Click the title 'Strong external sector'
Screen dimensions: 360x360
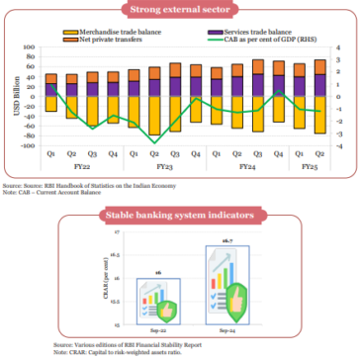pyautogui.click(x=179, y=12)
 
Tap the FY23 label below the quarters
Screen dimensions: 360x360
pyautogui.click(x=164, y=167)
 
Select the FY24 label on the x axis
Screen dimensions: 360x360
pyautogui.click(x=246, y=167)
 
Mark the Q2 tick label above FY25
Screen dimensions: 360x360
pyautogui.click(x=318, y=154)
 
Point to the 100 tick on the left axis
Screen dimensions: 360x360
pyautogui.click(x=30, y=48)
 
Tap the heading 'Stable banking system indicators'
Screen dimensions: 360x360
pyautogui.click(x=180, y=214)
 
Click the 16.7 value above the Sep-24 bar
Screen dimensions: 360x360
pyautogui.click(x=225, y=240)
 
